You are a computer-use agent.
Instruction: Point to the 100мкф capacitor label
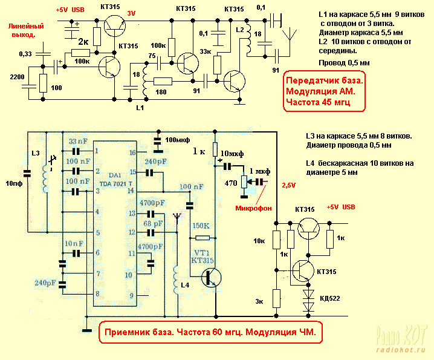181,140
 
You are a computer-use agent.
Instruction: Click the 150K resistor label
201,226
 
